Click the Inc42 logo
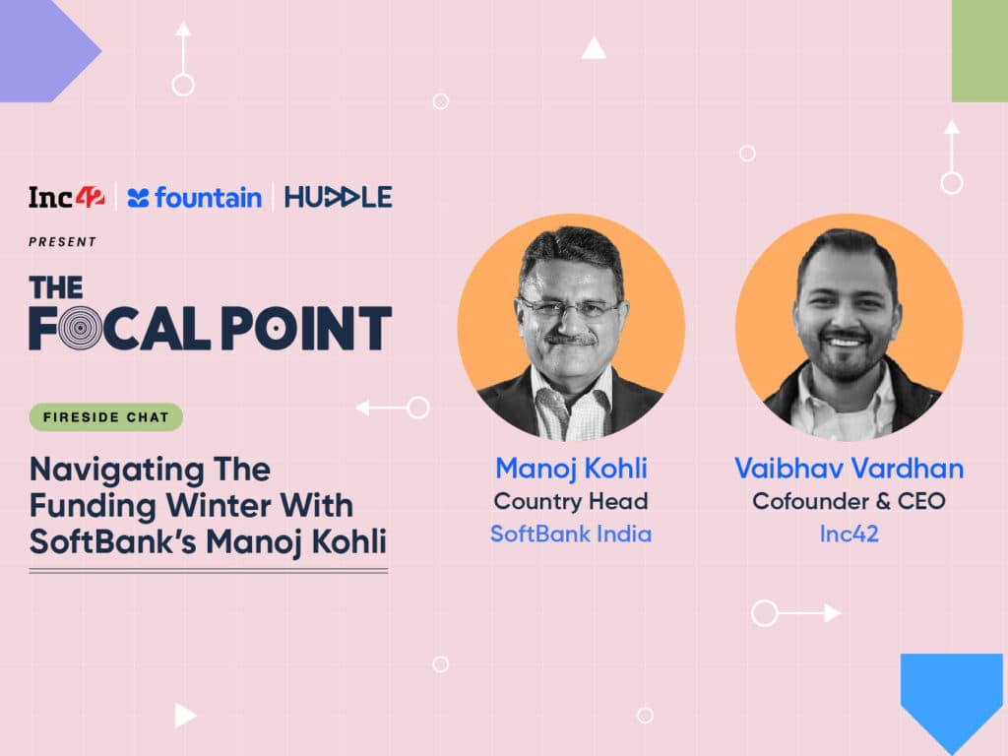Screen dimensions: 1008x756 (66, 197)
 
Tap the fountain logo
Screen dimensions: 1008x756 (194, 197)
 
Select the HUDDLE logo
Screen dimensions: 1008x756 (339, 197)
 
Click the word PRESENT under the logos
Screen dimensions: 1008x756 (62, 242)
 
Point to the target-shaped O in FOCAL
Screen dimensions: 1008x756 (80, 328)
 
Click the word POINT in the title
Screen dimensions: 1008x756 (307, 328)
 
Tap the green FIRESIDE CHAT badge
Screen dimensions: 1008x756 (106, 417)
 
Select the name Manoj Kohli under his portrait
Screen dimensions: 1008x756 (571, 469)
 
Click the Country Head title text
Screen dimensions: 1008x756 (571, 501)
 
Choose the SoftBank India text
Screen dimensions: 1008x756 (571, 535)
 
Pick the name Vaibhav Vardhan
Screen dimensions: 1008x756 (850, 469)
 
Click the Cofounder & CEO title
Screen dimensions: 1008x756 (850, 501)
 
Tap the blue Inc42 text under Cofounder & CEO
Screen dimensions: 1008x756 (850, 535)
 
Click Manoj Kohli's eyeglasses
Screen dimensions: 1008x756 (569, 308)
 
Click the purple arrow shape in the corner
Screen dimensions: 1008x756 (46, 51)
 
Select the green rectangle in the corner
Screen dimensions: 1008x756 (979, 51)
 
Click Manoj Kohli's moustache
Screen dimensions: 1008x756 (568, 339)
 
